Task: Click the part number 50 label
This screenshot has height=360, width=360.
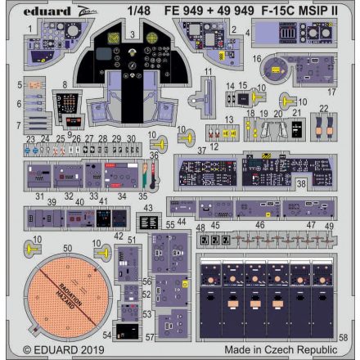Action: [68, 247]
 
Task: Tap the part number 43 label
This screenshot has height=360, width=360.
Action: [147, 208]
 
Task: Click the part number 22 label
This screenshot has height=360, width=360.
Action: [324, 107]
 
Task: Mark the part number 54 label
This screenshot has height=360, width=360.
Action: [108, 335]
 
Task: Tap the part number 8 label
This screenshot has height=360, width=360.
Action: [64, 85]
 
